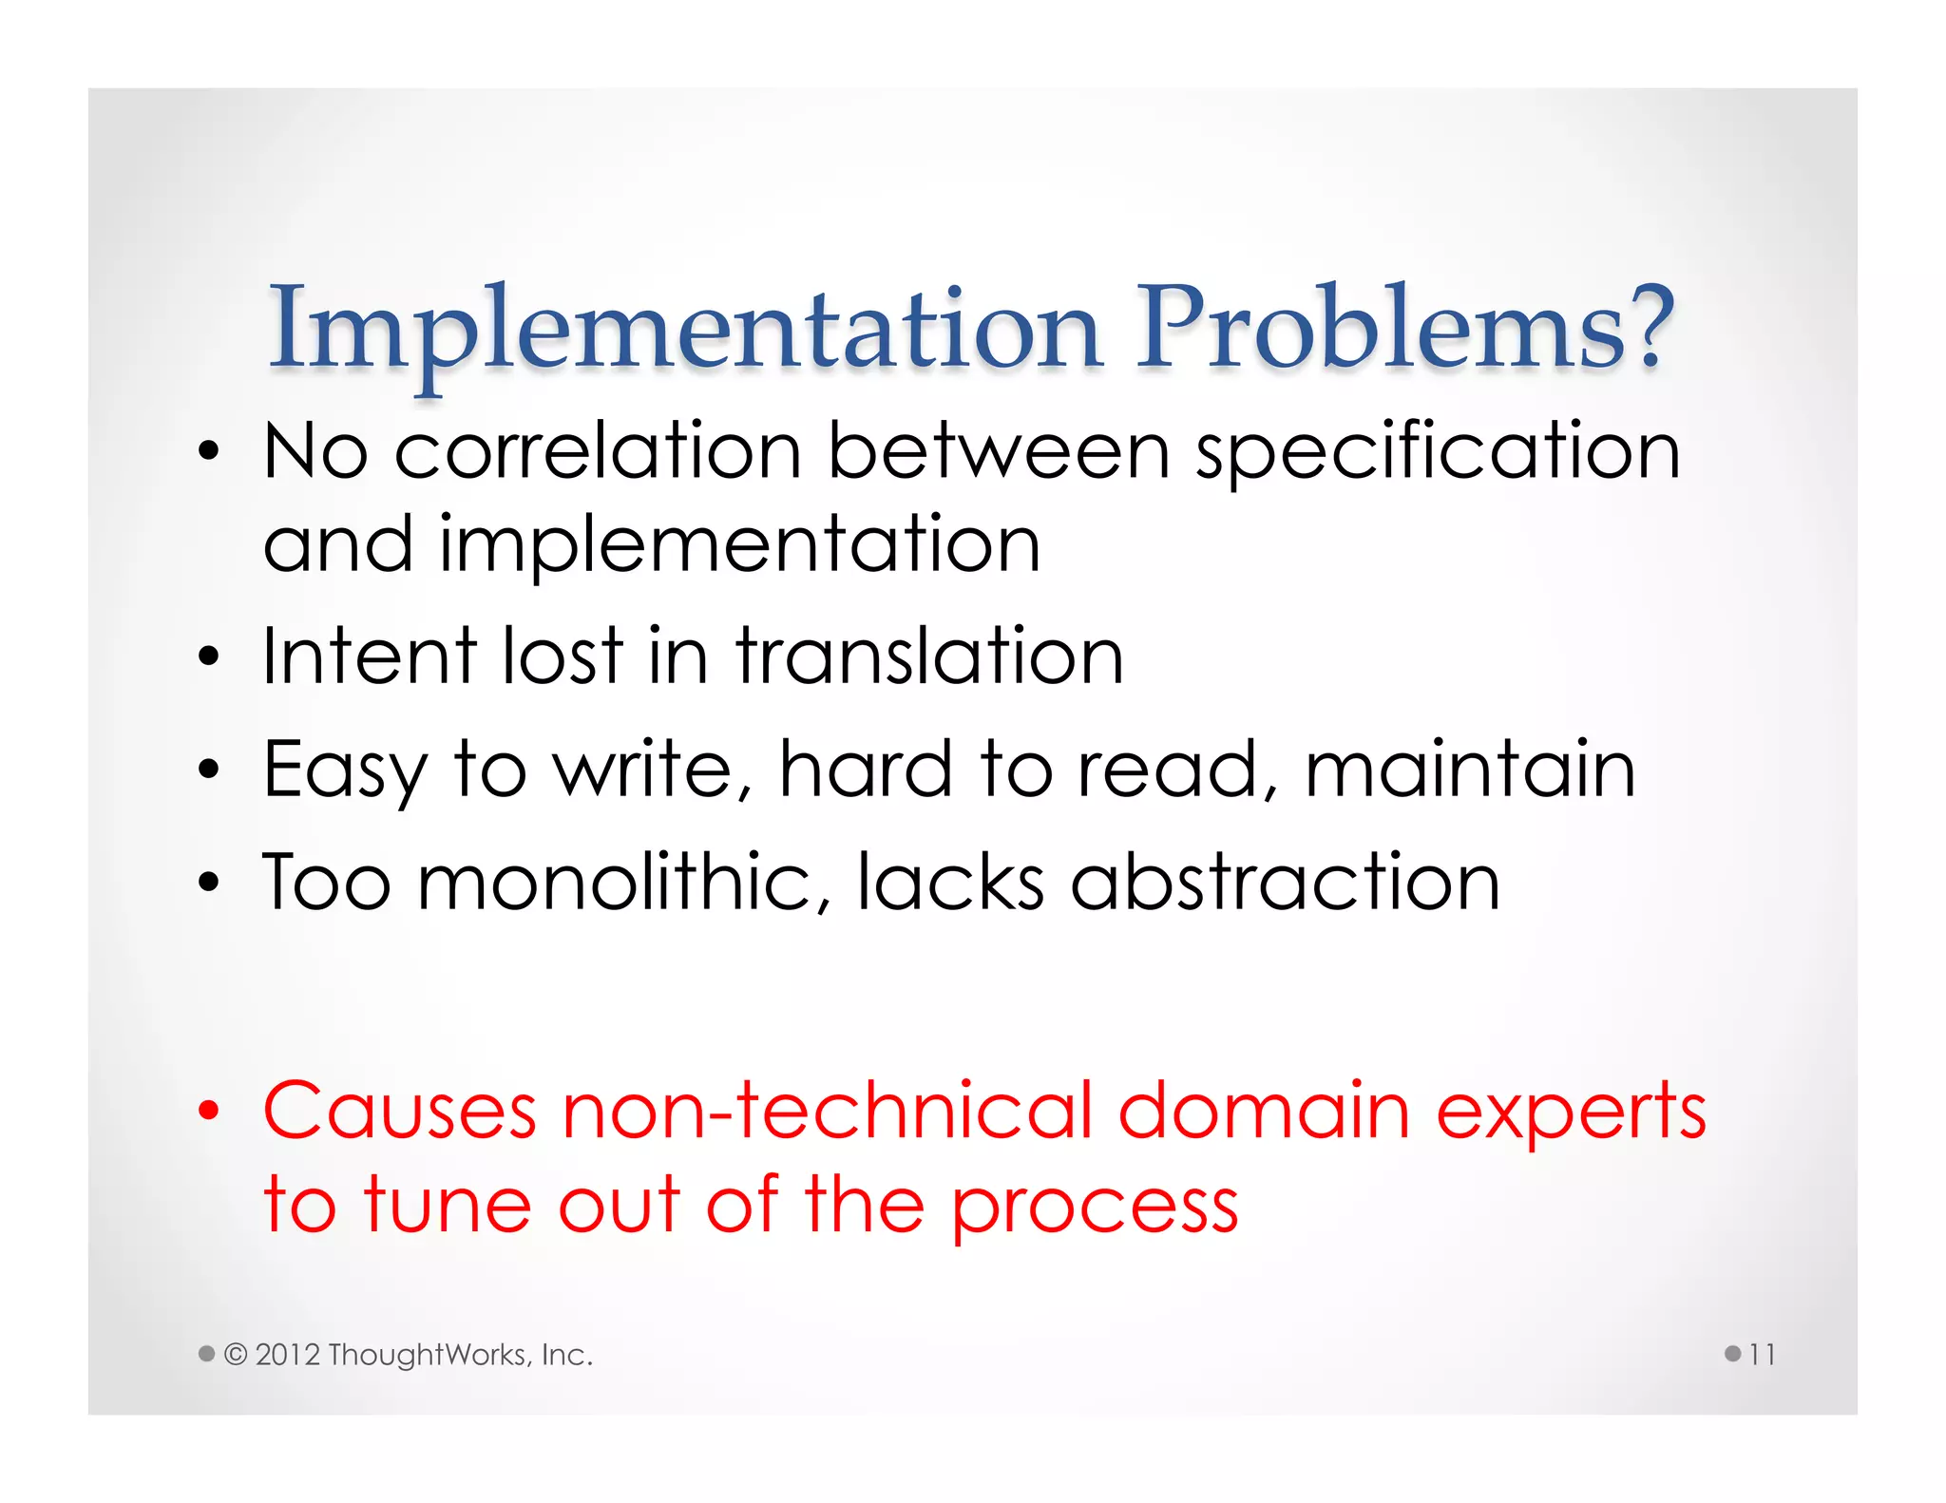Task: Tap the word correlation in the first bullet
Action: [598, 451]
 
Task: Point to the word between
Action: [998, 451]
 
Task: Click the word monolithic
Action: [623, 883]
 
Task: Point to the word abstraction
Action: [1285, 883]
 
